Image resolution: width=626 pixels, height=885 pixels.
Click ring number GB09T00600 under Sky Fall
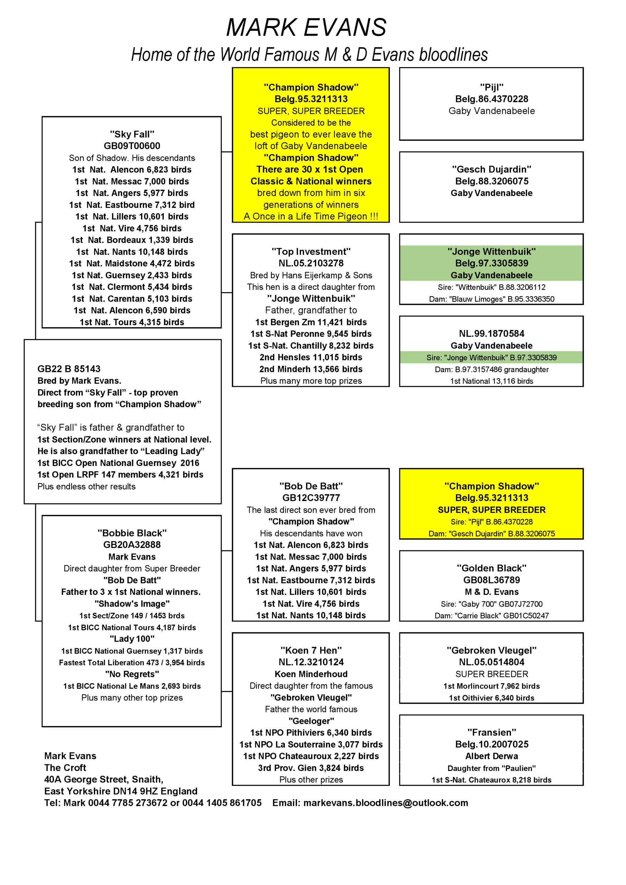click(x=132, y=146)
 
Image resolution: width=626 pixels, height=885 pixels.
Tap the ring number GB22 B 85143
click(x=69, y=369)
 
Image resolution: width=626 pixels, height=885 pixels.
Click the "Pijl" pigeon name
click(x=492, y=87)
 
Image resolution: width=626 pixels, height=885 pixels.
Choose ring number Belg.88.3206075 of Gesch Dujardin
click(x=492, y=181)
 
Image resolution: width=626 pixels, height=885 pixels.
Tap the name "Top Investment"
click(x=311, y=252)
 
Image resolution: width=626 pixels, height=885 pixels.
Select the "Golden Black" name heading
click(x=492, y=568)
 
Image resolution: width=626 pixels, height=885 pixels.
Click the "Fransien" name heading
click(x=492, y=732)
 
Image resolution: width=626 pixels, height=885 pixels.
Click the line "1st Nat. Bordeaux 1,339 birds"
click(x=132, y=240)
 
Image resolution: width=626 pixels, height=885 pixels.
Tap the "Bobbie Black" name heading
click(x=132, y=533)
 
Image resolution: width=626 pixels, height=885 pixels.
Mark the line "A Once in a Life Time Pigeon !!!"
click(x=311, y=216)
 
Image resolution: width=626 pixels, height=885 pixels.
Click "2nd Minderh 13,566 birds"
click(x=311, y=369)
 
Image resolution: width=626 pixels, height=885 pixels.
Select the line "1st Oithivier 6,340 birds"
click(x=492, y=698)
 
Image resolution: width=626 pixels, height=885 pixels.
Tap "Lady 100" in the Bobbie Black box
click(x=132, y=639)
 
